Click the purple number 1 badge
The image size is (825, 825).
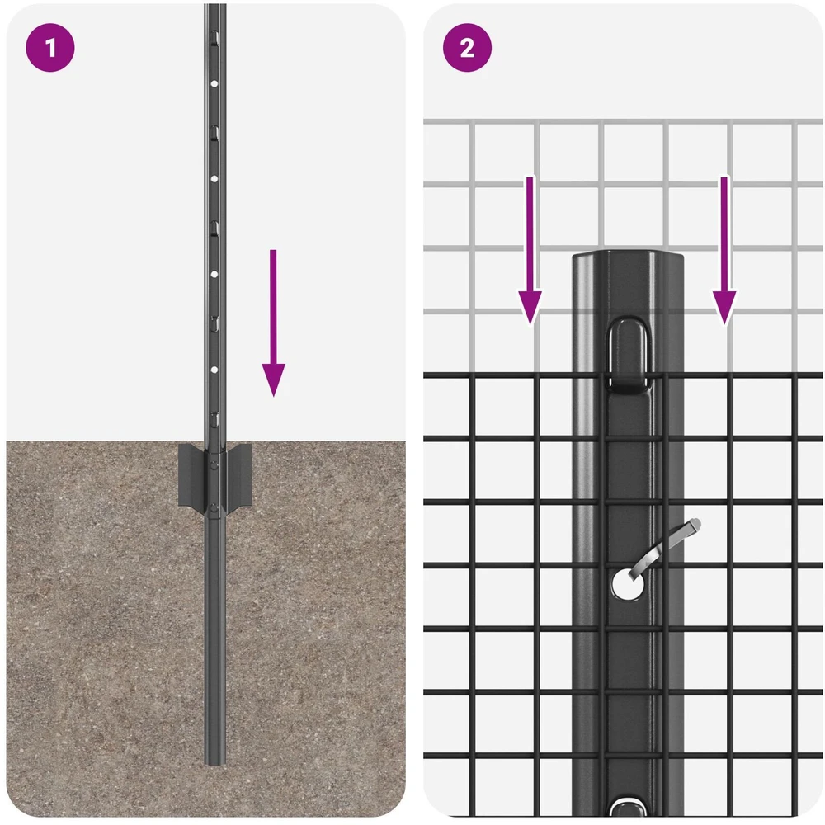point(50,47)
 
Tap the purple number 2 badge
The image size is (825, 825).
point(467,47)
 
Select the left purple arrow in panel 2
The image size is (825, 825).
point(530,251)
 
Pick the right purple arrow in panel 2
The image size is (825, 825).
point(724,251)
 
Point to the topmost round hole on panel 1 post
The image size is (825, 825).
point(214,83)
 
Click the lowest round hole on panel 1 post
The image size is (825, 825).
point(214,370)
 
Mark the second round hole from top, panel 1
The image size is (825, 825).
point(214,179)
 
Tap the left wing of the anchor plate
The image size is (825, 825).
point(191,474)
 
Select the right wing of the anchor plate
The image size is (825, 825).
point(239,474)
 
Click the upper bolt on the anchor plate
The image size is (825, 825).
point(214,464)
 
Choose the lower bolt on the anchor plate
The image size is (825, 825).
point(214,507)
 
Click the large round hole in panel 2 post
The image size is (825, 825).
point(628,585)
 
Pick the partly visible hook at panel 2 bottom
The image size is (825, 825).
point(628,808)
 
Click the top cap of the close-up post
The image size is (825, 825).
point(628,257)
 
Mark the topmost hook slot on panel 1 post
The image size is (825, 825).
point(214,36)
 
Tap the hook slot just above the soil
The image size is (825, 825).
point(214,419)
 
